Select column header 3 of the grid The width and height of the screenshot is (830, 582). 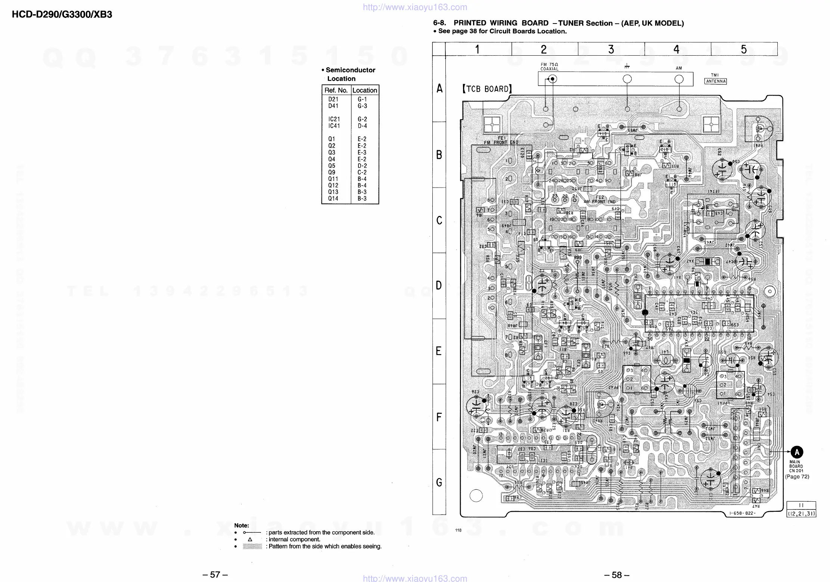coord(611,49)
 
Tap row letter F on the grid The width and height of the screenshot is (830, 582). coord(439,417)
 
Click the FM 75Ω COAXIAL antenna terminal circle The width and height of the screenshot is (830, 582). coord(552,79)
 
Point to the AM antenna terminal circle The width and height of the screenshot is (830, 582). coord(679,79)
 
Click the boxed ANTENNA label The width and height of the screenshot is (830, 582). coord(715,81)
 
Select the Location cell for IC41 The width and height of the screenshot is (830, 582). coord(362,126)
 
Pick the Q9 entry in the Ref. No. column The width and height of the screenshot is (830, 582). coord(332,172)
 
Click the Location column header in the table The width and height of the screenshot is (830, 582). coord(364,90)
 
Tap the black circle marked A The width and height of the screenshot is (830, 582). coord(797,452)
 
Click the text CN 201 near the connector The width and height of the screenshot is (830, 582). coord(796,471)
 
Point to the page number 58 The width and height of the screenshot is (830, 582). coord(616,575)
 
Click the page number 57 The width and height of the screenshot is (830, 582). coord(215,575)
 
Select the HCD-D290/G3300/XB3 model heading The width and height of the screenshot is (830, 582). coord(62,15)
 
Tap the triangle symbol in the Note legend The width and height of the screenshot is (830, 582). coord(250,539)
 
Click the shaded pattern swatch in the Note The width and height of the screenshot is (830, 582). coord(252,547)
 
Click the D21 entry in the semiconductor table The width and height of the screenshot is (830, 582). coord(333,99)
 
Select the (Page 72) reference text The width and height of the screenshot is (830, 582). coord(797,477)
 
